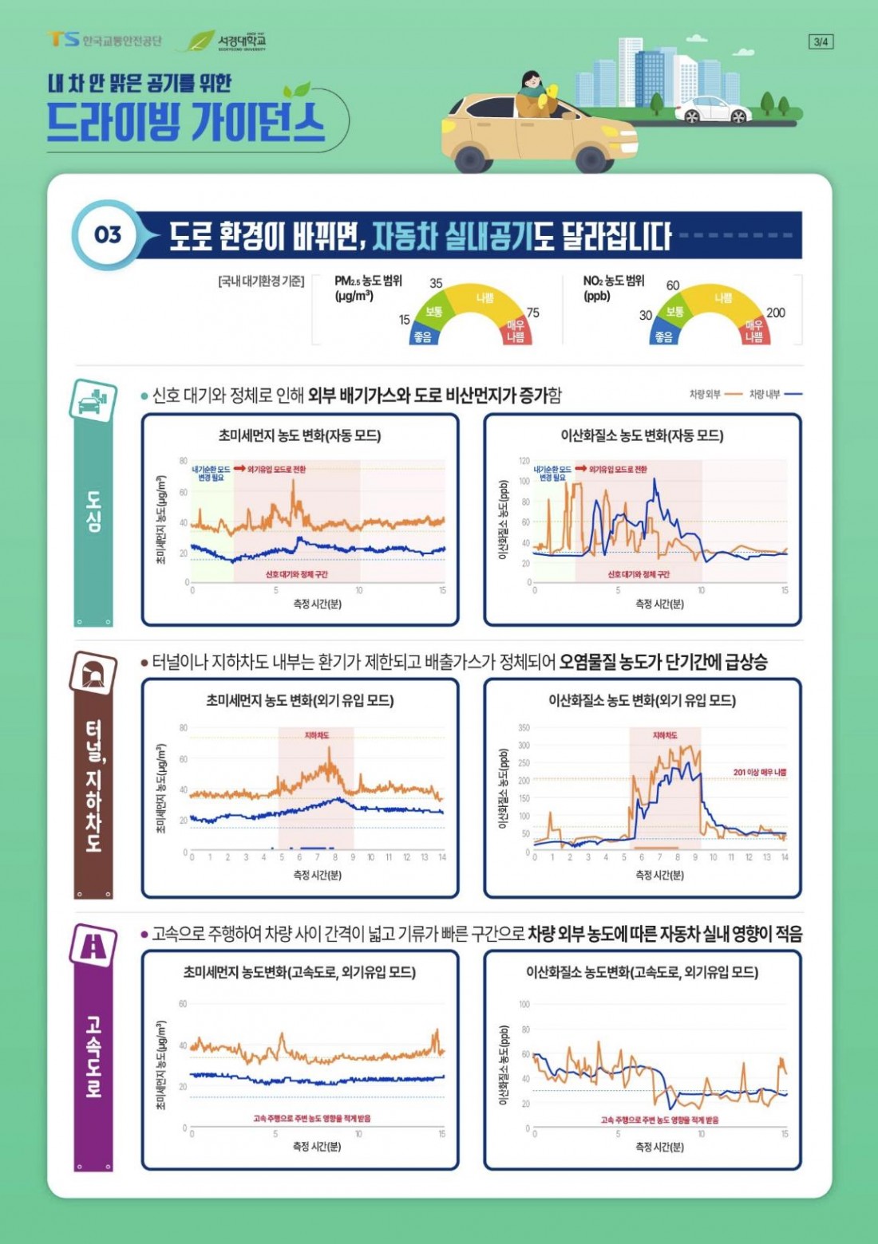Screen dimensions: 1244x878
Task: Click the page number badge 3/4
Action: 820,41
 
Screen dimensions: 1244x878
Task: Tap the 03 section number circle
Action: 108,234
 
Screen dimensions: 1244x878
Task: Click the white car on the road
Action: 713,109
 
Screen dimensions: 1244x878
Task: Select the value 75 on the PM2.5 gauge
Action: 532,313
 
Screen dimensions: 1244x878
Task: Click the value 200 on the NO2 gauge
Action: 775,313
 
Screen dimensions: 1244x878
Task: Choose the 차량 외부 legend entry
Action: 715,394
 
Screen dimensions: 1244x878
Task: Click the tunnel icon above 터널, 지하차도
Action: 93,672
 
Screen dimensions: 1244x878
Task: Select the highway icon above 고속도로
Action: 93,945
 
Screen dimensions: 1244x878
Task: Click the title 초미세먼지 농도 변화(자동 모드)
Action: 299,435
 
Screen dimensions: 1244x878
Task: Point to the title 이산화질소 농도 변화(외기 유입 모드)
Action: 642,700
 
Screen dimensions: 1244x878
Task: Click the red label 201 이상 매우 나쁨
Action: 759,772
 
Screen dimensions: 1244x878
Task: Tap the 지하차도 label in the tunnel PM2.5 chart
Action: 317,735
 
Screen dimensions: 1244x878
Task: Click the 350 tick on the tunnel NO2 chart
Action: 524,727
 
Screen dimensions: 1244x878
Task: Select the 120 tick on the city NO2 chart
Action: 524,461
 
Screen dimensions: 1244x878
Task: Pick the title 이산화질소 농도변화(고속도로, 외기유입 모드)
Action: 642,972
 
